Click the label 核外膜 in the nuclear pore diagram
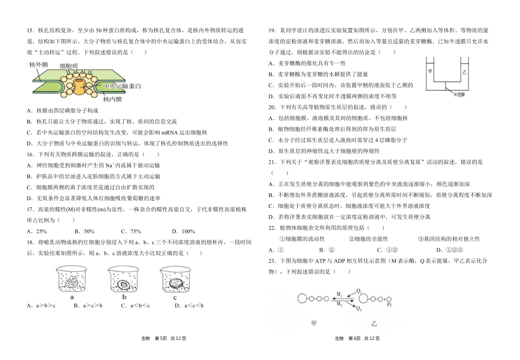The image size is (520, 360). [38, 65]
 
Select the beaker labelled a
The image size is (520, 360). [72, 280]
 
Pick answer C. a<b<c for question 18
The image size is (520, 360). [134, 306]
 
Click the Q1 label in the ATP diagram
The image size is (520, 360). [360, 290]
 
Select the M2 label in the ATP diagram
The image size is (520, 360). [340, 303]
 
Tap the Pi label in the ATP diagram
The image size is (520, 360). [389, 300]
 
